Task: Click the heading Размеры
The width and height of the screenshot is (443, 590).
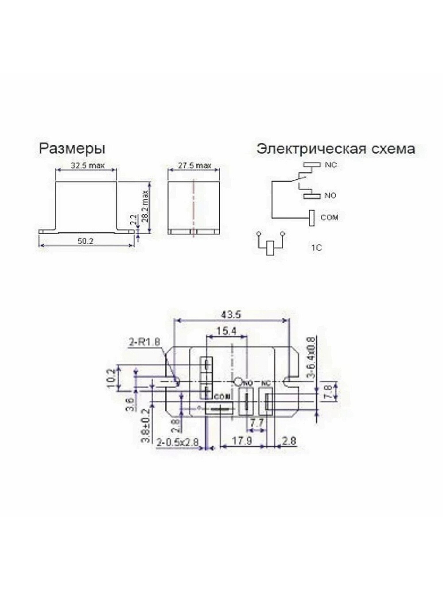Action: [x=72, y=148]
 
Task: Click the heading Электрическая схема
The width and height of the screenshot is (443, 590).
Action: [x=336, y=148]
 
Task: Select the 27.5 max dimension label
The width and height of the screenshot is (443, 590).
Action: [x=195, y=166]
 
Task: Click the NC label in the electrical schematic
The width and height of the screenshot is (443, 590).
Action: [x=331, y=165]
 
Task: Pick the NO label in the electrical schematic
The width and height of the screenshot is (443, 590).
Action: [x=330, y=195]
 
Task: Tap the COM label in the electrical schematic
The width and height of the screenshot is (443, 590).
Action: [x=329, y=217]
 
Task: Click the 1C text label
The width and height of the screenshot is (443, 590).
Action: [x=316, y=248]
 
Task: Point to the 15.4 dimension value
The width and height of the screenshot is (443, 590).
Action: [x=226, y=331]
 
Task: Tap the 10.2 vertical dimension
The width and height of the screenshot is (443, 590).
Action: [x=112, y=378]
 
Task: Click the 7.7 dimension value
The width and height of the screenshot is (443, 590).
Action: [x=256, y=424]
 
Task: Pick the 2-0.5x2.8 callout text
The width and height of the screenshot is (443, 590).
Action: [x=177, y=442]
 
